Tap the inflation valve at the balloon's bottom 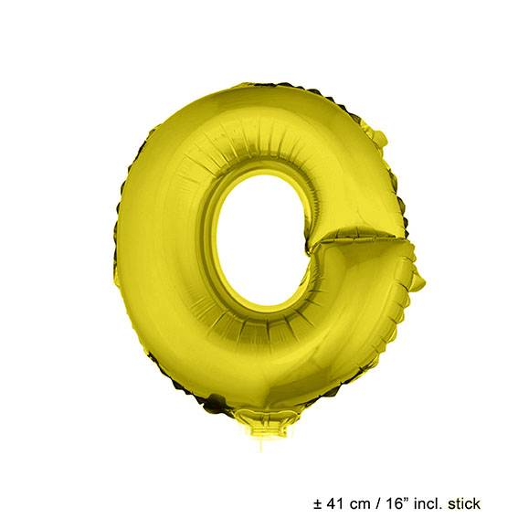264,425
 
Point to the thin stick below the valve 262,446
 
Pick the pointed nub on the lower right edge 418,280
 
